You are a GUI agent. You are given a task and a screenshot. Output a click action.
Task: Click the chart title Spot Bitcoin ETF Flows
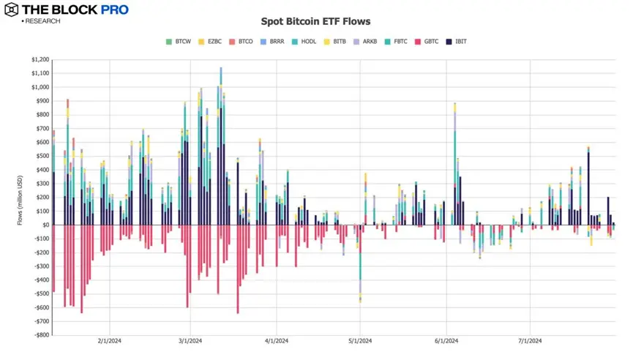(x=315, y=22)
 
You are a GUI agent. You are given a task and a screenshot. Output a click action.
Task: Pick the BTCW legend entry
(x=179, y=42)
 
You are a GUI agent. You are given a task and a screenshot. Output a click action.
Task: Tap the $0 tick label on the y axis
(x=45, y=225)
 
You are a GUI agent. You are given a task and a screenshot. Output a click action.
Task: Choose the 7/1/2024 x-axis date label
(x=529, y=341)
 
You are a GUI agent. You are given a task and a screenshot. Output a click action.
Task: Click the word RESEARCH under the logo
(x=42, y=21)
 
